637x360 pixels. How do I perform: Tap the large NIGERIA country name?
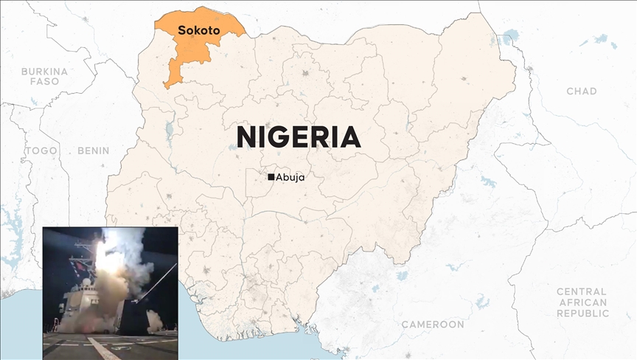pos(298,137)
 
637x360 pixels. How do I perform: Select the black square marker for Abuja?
pos(271,177)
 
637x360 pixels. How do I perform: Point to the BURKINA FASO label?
pos(44,76)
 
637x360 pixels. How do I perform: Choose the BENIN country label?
pos(93,150)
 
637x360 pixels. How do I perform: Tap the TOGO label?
pos(41,150)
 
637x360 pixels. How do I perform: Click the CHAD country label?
pos(581,91)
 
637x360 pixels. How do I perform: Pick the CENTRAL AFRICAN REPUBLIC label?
pos(582,302)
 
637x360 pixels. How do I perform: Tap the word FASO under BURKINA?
pos(44,81)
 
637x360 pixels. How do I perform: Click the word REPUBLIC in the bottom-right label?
pos(582,314)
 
